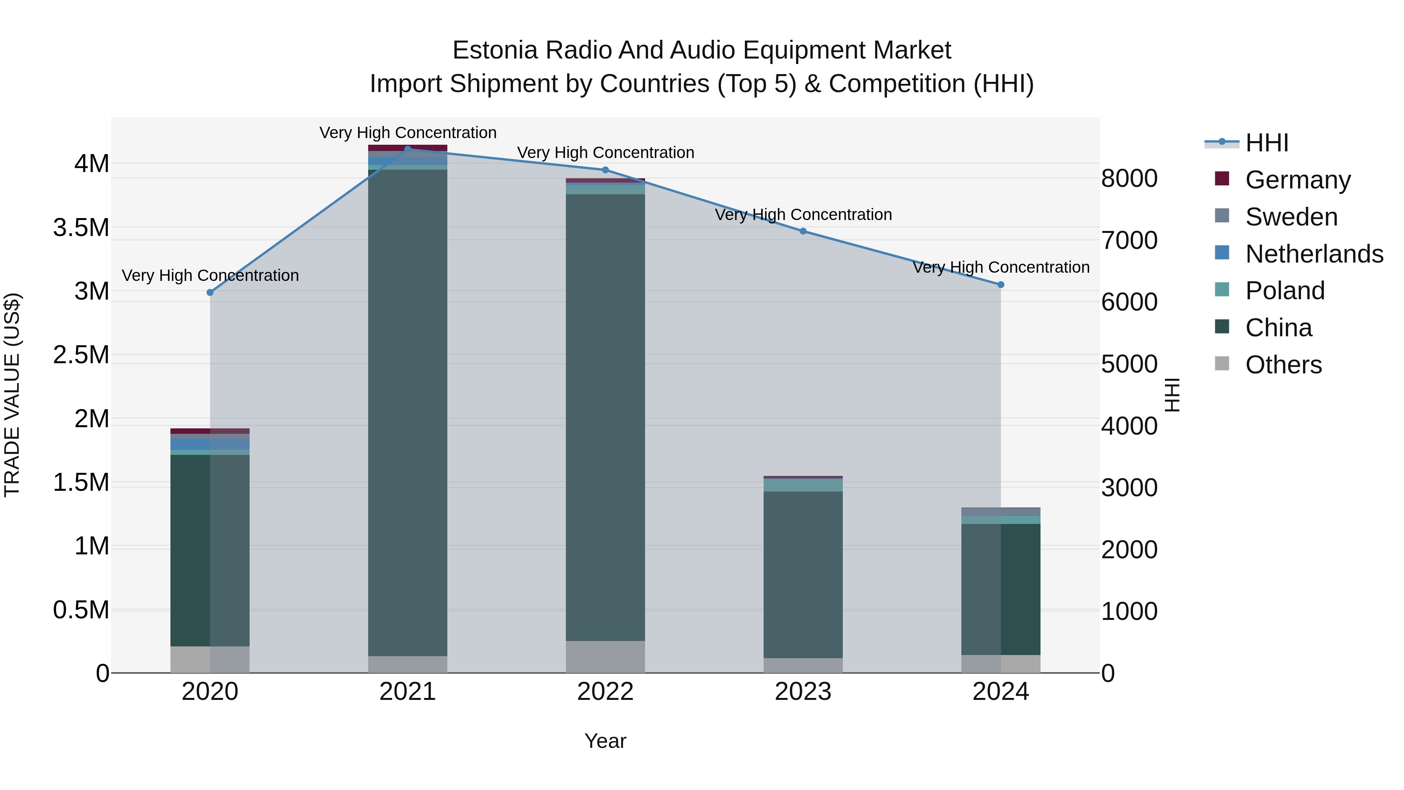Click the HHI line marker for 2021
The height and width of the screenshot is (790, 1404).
408,149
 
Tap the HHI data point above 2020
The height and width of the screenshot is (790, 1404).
210,292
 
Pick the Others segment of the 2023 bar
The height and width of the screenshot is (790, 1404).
803,665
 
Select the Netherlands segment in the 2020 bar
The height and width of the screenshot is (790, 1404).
210,444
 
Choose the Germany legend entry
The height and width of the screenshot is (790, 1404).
1298,180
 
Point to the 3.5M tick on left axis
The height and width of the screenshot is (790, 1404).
81,228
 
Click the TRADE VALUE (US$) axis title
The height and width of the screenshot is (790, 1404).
12,395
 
